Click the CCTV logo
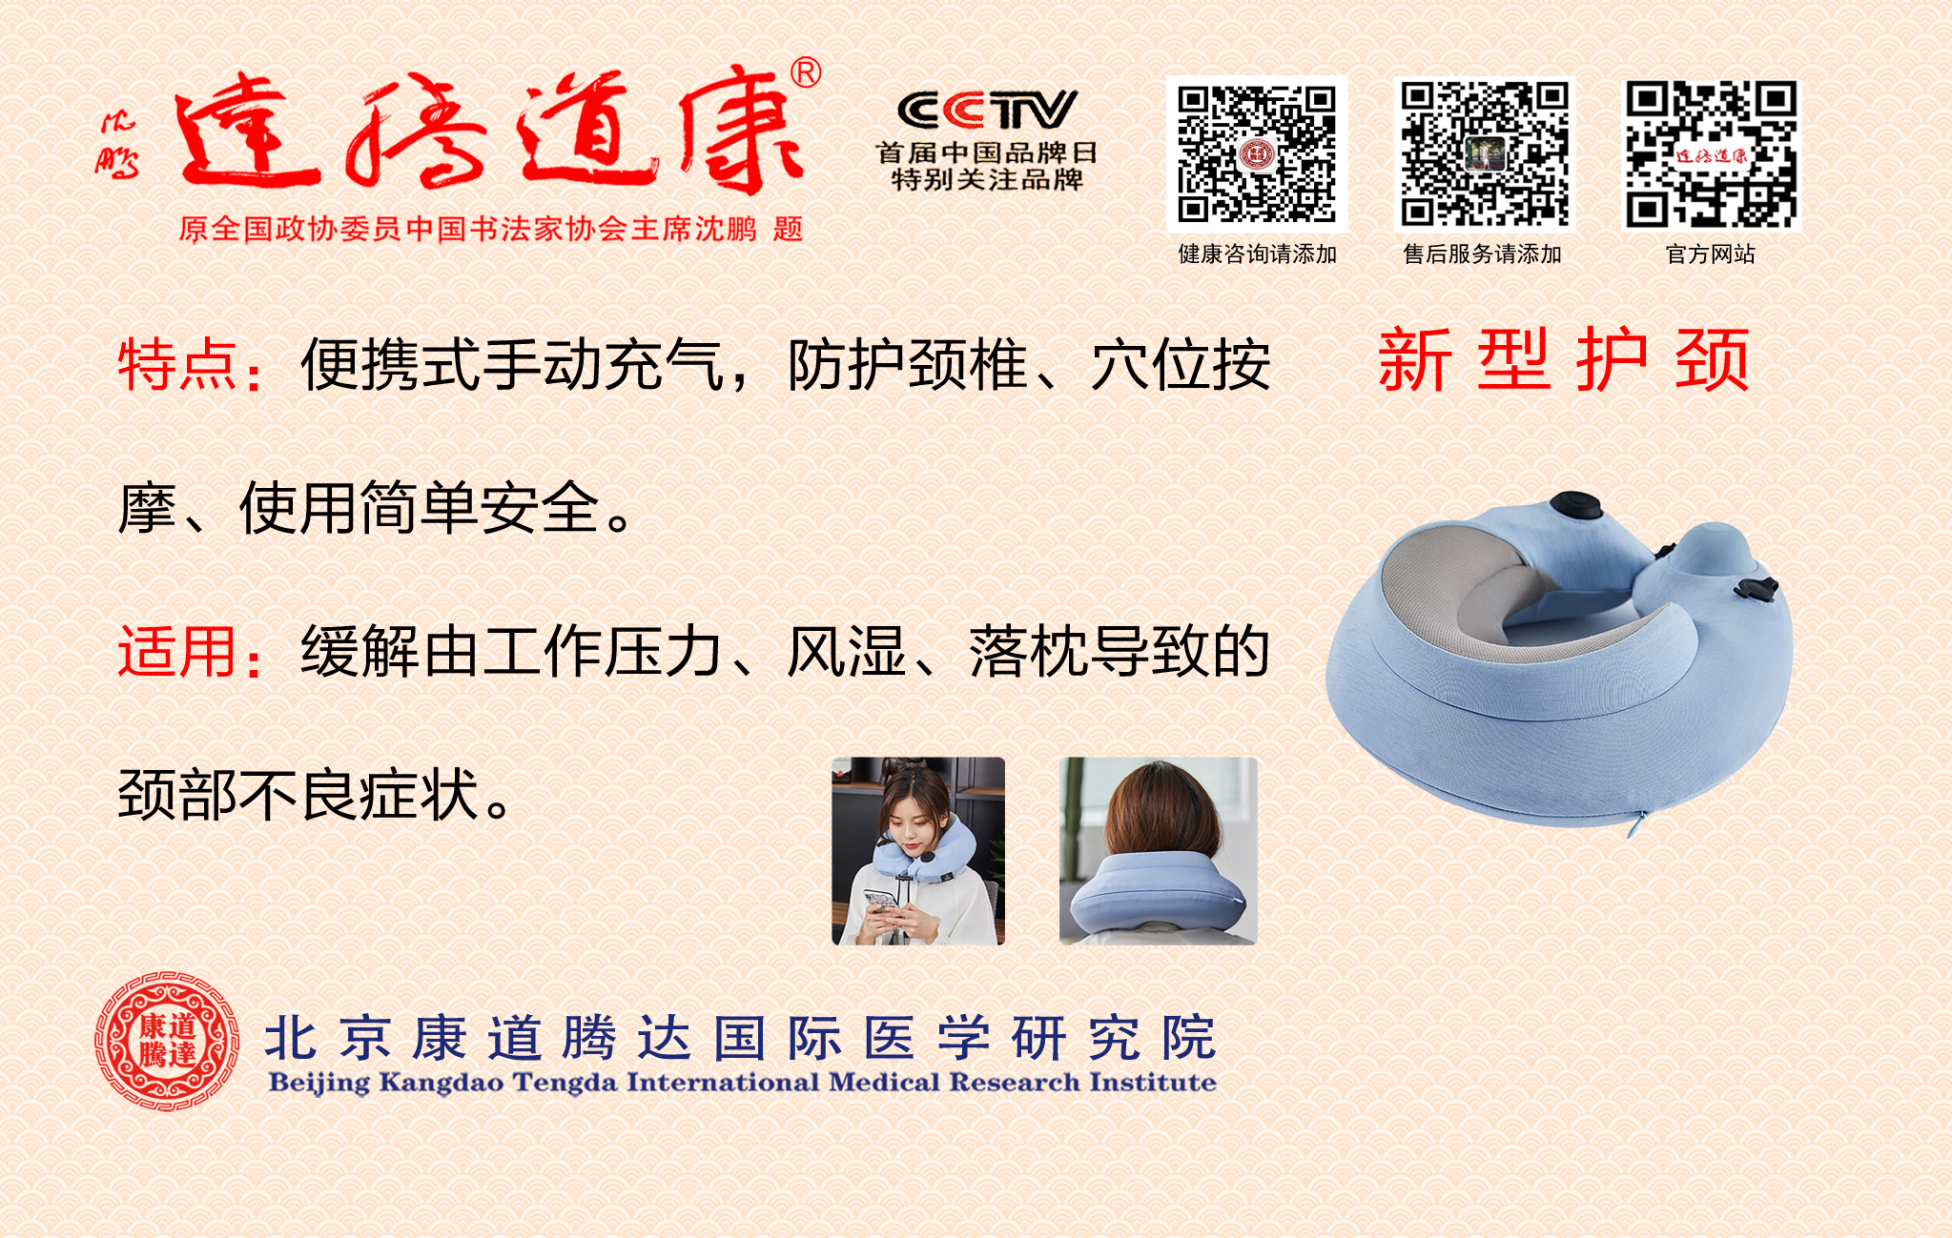click(x=987, y=110)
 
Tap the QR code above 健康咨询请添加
click(x=1257, y=153)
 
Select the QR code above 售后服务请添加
click(x=1484, y=153)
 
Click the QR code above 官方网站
click(x=1712, y=153)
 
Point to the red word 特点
click(x=177, y=365)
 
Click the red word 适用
click(x=177, y=652)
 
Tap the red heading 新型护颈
click(x=1564, y=359)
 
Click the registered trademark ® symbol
click(x=806, y=73)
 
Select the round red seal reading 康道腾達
click(x=167, y=1041)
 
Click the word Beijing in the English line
click(x=318, y=1084)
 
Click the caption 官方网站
click(x=1711, y=254)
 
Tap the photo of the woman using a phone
click(x=918, y=851)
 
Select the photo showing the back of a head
click(x=1159, y=851)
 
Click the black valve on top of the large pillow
click(x=1574, y=504)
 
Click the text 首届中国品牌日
click(x=987, y=152)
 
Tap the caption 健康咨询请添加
click(x=1257, y=254)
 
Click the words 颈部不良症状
click(x=298, y=795)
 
